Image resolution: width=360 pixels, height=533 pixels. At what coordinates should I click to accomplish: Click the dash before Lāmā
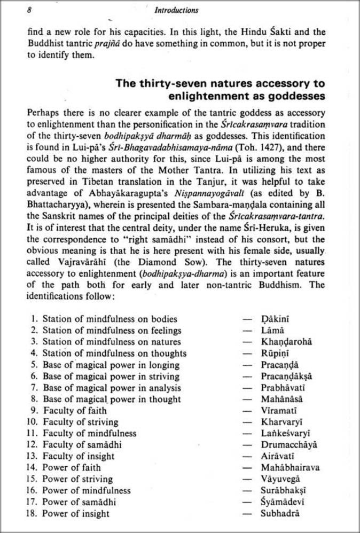coord(247,331)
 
